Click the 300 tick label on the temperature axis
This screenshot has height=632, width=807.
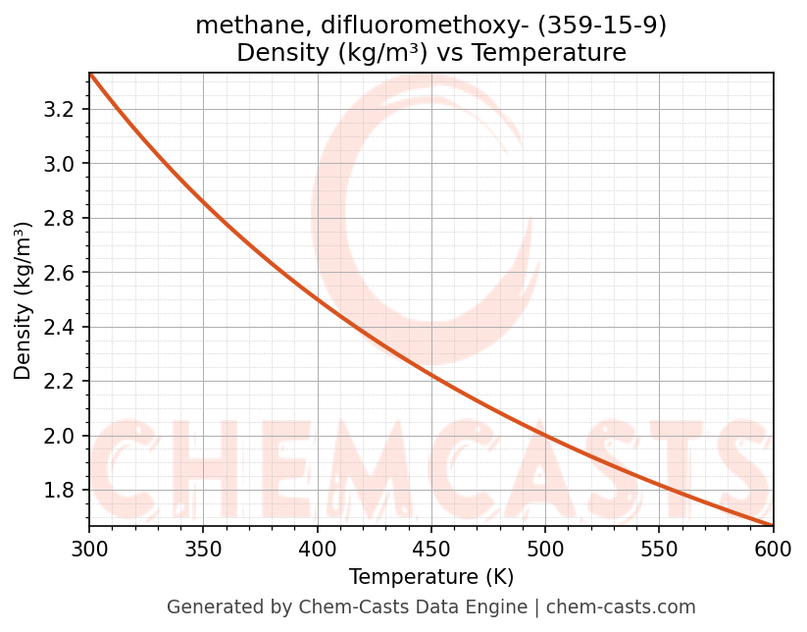point(89,550)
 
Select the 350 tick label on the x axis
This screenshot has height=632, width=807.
point(203,550)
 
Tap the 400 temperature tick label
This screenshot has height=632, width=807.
point(317,550)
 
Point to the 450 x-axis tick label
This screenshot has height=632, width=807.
point(431,550)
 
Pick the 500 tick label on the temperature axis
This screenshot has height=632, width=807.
point(545,550)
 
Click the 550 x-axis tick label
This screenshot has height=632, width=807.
point(659,550)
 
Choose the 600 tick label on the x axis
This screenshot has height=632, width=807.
point(773,550)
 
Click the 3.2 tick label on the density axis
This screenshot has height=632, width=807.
point(60,109)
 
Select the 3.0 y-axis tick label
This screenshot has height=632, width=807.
point(60,164)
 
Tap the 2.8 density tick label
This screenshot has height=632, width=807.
point(60,218)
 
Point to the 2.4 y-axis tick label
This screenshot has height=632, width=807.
point(60,327)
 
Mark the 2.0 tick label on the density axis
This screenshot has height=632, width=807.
point(60,436)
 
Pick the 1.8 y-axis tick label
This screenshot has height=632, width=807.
point(60,491)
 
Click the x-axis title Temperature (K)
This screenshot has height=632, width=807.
point(431,576)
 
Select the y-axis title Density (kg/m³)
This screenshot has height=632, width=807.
point(24,300)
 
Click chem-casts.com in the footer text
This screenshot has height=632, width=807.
point(621,607)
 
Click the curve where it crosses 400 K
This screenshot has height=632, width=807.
point(317,299)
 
